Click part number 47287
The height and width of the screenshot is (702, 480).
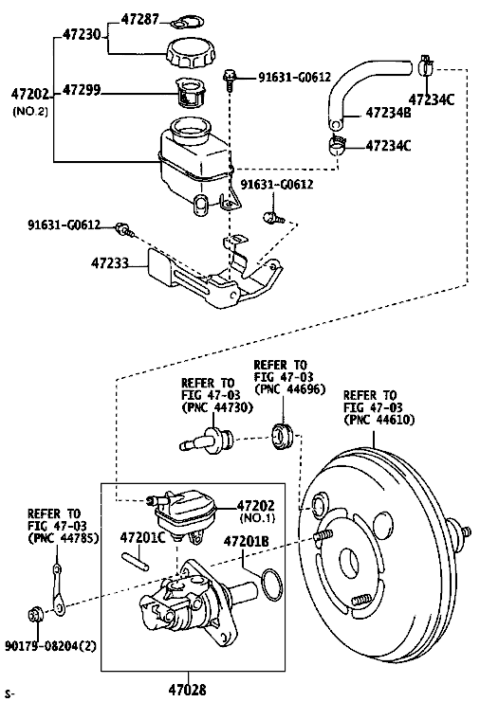tap(139, 20)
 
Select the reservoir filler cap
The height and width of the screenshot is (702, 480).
tap(190, 53)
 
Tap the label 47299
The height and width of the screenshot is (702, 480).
tap(82, 90)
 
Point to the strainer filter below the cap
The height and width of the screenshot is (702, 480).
tap(192, 93)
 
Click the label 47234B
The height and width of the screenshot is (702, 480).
tap(388, 113)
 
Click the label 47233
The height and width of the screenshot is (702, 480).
tap(110, 262)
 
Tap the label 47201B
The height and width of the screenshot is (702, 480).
tap(246, 541)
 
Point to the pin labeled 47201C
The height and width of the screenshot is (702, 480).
tap(135, 562)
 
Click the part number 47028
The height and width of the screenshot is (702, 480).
tap(187, 690)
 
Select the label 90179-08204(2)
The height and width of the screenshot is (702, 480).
tap(50, 646)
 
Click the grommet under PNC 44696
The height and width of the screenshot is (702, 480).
tap(283, 436)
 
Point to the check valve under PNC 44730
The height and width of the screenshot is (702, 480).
tap(207, 439)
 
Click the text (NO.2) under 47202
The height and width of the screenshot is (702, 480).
tap(30, 111)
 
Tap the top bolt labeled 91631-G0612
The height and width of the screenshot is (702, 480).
tap(229, 81)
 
